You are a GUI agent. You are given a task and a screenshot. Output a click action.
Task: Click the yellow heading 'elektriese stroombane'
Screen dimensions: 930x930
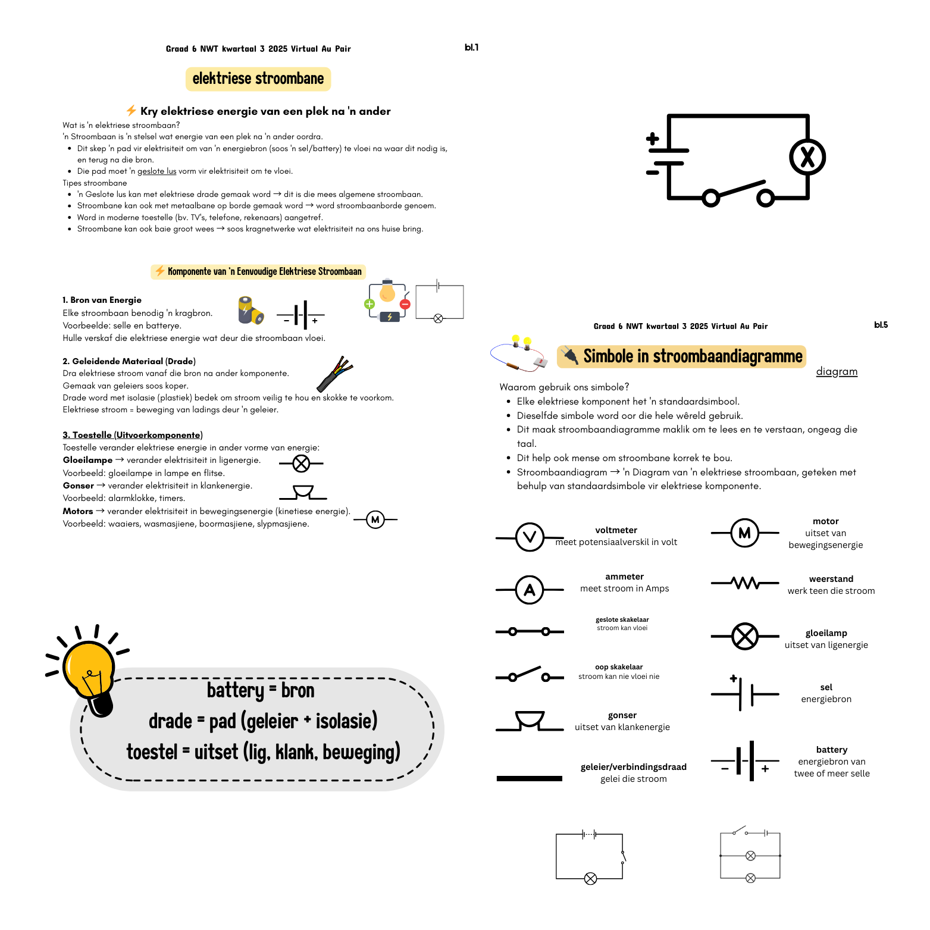pos(258,79)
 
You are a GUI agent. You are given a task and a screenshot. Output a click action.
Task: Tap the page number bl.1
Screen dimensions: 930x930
pos(471,48)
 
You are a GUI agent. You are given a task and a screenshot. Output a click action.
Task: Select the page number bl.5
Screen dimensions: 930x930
pos(881,325)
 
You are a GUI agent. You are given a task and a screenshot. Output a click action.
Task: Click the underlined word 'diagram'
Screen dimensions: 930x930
pos(837,372)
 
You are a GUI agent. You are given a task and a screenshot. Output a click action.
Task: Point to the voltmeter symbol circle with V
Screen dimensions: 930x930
pos(530,537)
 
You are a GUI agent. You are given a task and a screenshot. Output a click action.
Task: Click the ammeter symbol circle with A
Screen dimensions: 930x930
pos(530,590)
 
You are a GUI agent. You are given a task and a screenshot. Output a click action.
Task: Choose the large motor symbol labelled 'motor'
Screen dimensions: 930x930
pos(744,533)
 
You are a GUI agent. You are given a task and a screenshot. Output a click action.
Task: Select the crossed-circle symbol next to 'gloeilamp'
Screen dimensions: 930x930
pos(744,636)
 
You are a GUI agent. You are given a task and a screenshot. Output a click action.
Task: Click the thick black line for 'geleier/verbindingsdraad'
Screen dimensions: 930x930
pos(529,778)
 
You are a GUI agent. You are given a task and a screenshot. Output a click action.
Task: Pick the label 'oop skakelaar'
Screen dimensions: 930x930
pos(619,667)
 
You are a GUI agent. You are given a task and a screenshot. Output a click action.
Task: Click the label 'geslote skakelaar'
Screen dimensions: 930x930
pos(622,619)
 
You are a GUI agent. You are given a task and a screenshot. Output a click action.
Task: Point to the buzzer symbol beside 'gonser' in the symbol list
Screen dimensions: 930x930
pos(529,721)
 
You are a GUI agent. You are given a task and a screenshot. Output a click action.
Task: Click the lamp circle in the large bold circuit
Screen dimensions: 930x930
pos(807,157)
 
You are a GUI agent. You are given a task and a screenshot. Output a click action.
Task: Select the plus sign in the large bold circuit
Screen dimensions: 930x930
pos(653,139)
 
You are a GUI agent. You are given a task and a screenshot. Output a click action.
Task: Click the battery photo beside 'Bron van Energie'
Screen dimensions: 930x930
pos(250,310)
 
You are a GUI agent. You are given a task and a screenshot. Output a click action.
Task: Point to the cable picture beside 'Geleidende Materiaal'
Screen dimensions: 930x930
pos(335,373)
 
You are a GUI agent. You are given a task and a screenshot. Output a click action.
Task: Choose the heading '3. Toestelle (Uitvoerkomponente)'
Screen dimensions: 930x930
pos(133,435)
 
